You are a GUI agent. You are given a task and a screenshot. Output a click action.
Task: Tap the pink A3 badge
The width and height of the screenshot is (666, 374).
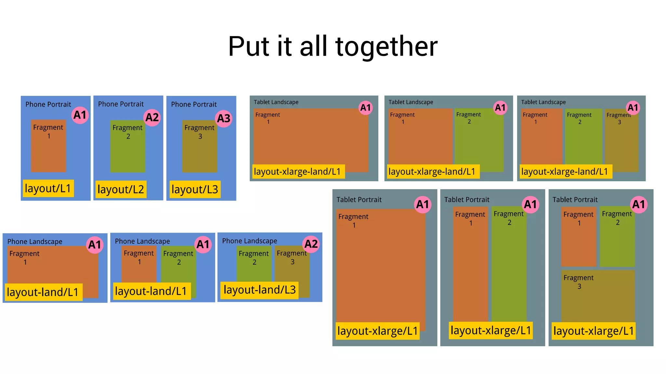pos(224,119)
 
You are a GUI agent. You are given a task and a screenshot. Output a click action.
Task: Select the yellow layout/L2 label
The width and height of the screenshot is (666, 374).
pos(121,189)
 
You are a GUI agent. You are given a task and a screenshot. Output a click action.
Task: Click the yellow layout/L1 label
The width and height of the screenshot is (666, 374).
pos(48,188)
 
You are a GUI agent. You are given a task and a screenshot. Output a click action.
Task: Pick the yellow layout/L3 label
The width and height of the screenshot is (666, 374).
pos(194,189)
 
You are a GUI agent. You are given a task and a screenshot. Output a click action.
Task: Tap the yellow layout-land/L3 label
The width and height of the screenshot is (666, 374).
pos(260,290)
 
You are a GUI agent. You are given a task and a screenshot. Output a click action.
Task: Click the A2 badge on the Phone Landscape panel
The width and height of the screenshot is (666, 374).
pos(311,244)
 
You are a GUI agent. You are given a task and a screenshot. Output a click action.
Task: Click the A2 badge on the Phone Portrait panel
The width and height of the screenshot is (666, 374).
pos(152,117)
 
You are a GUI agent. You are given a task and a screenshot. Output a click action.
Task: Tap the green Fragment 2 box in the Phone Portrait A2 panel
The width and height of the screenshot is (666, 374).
pos(127,153)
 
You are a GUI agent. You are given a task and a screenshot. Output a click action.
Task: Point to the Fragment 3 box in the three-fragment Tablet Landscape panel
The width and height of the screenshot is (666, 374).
pos(621,143)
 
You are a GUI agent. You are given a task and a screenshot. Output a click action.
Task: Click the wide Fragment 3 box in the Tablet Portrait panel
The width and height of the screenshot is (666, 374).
pos(598,299)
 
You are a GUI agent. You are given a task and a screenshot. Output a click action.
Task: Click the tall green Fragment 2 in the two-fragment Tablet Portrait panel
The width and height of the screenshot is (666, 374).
pos(509,270)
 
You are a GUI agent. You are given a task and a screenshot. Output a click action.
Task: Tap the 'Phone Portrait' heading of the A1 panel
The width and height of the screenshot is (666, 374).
pos(48,105)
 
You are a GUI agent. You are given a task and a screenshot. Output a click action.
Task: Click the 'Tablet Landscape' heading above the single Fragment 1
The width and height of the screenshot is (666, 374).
pos(276,102)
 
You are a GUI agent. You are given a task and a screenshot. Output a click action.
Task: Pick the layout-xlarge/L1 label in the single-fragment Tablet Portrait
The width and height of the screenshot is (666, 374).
pos(377,331)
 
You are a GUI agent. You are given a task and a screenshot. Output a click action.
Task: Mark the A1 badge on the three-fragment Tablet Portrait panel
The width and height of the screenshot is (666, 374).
pos(638,205)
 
